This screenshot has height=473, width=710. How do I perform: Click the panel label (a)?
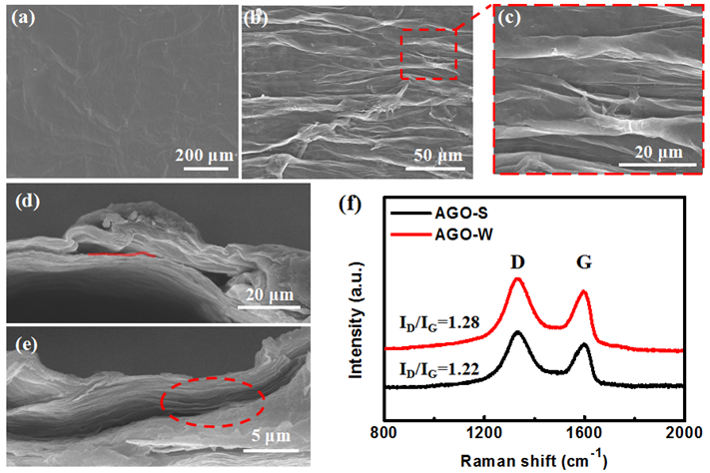tap(24, 18)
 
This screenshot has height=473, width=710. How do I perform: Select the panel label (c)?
tap(509, 18)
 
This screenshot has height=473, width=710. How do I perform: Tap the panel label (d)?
tap(28, 201)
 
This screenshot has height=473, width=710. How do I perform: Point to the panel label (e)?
tap(26, 344)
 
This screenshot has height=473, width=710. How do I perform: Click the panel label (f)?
tap(351, 205)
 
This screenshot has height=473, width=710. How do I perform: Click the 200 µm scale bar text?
tap(205, 156)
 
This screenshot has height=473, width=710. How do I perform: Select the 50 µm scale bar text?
tap(437, 156)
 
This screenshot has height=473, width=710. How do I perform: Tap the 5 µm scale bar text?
tap(271, 436)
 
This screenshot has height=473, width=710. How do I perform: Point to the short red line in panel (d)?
tap(122, 254)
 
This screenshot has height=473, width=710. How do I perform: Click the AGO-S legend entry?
tap(436, 213)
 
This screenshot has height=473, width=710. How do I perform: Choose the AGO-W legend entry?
tap(439, 235)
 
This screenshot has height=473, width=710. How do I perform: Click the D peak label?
tap(517, 261)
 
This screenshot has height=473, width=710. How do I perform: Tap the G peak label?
tap(583, 261)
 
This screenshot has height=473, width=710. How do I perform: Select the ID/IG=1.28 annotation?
tap(438, 323)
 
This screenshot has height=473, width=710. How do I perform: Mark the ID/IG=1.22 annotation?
tap(438, 369)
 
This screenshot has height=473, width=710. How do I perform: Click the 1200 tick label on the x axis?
tap(484, 432)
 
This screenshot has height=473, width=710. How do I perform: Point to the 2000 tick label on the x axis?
tap(684, 432)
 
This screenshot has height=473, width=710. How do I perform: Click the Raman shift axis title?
tap(534, 460)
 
